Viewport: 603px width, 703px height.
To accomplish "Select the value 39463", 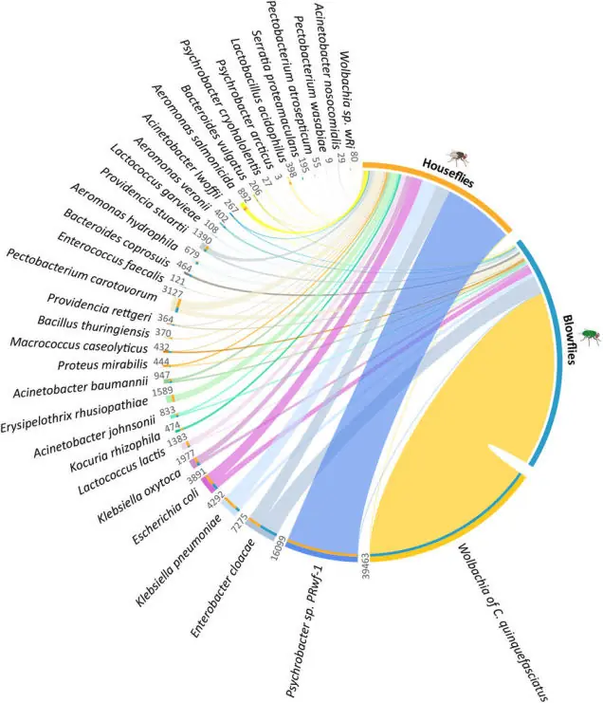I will pyautogui.click(x=363, y=574).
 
